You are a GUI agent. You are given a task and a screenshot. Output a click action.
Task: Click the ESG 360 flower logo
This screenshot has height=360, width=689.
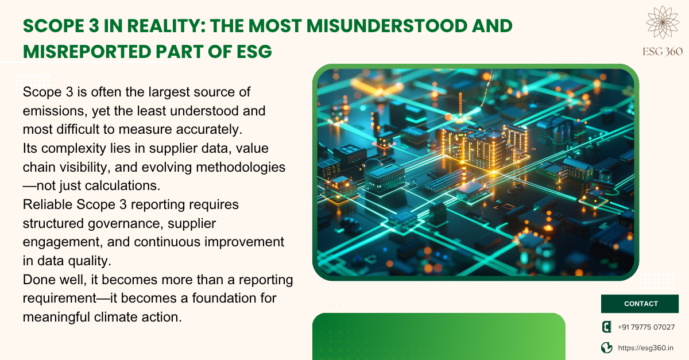662,22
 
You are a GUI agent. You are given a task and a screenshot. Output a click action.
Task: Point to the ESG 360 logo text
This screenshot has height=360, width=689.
662,52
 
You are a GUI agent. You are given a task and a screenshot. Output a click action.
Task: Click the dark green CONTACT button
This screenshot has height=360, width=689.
640,304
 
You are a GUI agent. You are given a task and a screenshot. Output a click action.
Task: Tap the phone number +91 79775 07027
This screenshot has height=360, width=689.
647,327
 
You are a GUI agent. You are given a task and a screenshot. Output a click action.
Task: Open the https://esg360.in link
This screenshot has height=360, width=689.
645,348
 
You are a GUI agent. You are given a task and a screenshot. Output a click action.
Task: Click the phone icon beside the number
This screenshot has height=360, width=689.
606,327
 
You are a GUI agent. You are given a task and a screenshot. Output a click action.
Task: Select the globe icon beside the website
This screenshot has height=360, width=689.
606,348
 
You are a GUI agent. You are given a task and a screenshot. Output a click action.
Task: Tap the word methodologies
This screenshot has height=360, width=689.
241,168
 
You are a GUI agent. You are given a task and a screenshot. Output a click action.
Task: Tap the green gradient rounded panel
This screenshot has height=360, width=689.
439,336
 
